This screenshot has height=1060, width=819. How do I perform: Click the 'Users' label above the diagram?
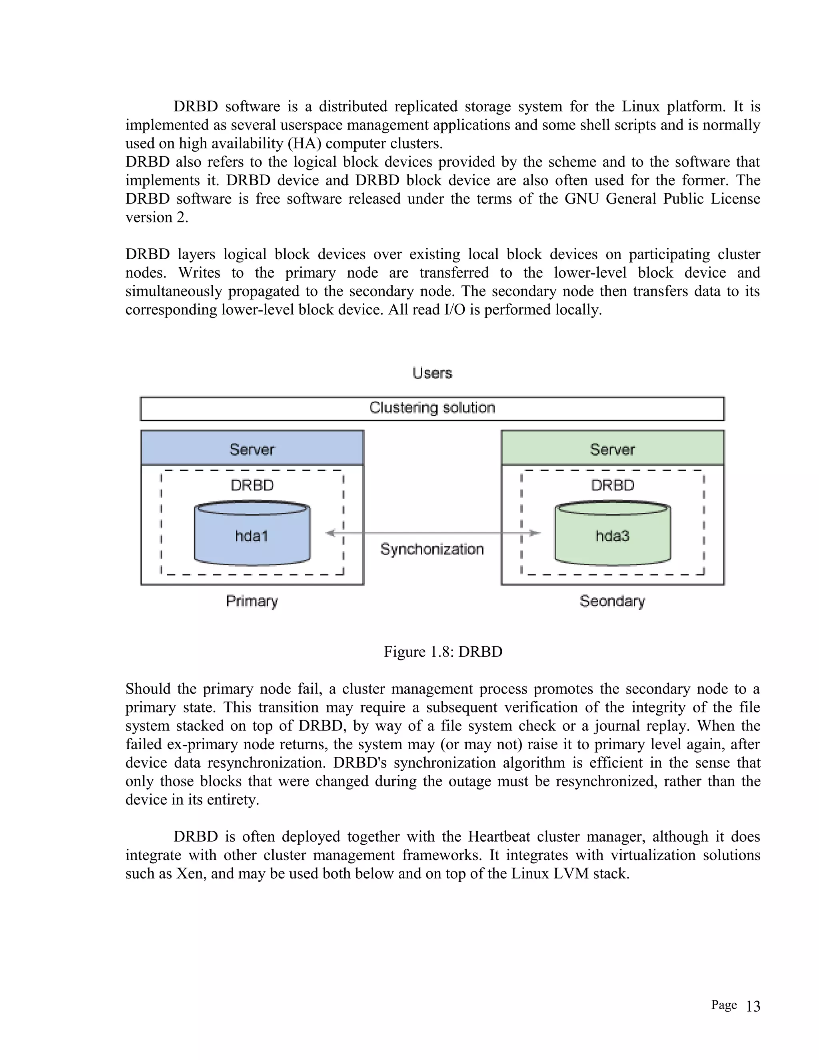[432, 373]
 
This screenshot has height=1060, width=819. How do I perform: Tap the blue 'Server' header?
[252, 449]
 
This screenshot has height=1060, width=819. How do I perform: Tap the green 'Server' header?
[612, 449]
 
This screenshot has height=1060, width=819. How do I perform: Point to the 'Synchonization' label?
[432, 550]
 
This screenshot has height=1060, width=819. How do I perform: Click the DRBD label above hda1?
[252, 485]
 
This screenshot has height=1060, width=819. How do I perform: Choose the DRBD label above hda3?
[612, 485]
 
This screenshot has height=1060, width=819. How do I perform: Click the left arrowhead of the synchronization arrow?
[330, 533]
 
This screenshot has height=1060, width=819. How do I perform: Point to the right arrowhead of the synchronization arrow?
[535, 533]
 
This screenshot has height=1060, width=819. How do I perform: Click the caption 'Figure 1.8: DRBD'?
[443, 651]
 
